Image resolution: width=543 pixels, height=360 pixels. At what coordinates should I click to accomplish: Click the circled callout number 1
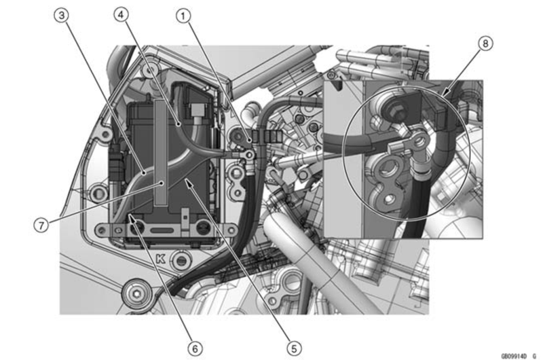[183, 16]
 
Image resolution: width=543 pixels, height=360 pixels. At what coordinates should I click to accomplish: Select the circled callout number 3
[61, 16]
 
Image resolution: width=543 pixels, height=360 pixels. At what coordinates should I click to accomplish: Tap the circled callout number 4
[121, 14]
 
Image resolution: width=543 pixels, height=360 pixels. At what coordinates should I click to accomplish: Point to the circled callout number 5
[294, 348]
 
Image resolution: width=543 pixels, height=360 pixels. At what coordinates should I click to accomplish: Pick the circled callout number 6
[195, 348]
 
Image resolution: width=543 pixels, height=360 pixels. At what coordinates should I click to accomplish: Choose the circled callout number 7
[41, 226]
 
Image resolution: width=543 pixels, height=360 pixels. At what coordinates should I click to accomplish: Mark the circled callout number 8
[485, 43]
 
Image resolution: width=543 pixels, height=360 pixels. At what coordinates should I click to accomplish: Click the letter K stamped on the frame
[161, 259]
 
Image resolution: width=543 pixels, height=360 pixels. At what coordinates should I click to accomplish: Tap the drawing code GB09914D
[514, 356]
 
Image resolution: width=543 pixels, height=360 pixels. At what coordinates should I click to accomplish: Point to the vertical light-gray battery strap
[160, 151]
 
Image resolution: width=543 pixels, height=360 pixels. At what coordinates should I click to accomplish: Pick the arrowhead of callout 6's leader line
[132, 217]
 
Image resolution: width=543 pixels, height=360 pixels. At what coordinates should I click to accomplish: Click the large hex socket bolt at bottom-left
[137, 295]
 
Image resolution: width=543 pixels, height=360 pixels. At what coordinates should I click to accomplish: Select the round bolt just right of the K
[181, 260]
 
